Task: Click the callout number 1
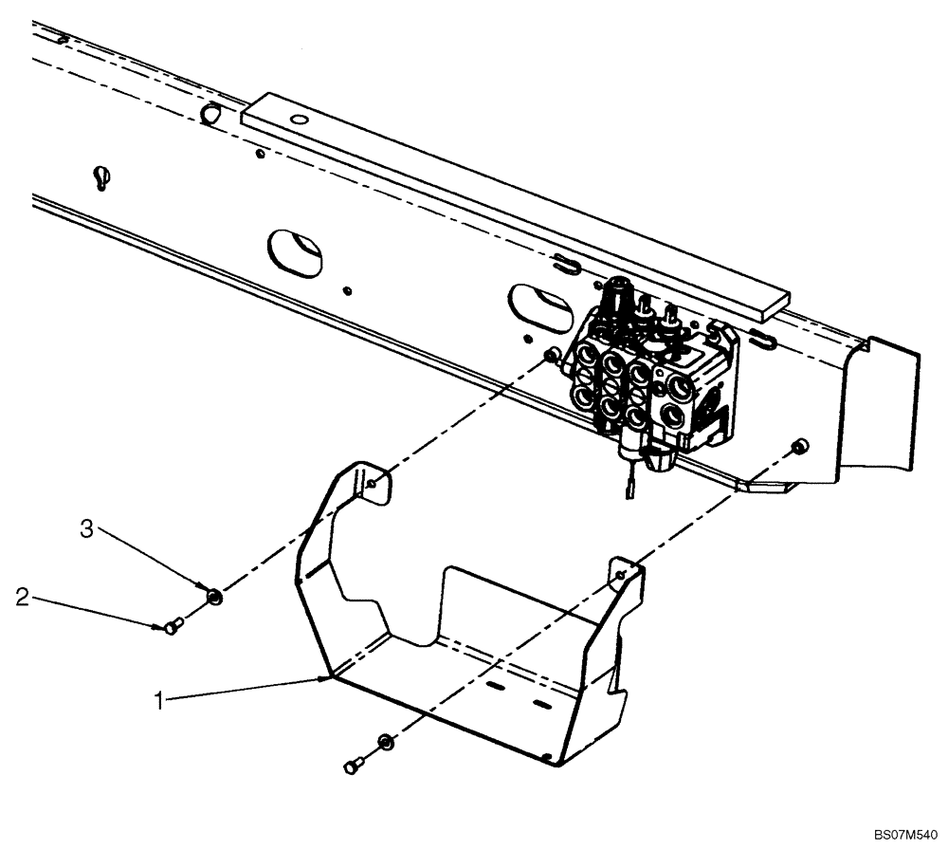point(162,701)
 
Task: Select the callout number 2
point(21,598)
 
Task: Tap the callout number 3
point(86,529)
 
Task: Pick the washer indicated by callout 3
point(214,596)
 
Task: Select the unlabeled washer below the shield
point(386,740)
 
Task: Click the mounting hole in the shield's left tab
point(375,484)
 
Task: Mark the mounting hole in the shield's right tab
point(621,576)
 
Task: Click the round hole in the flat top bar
point(300,120)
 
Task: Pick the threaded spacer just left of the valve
point(550,355)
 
